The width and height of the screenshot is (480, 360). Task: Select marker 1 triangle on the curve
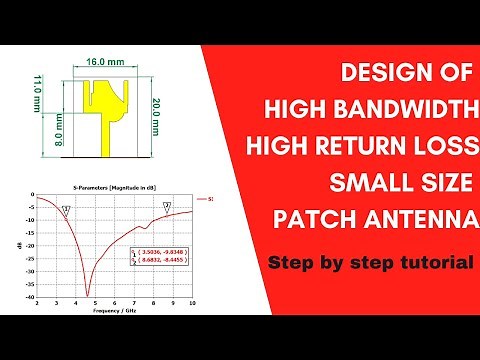(x=66, y=210)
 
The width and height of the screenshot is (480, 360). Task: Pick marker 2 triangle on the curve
(x=167, y=206)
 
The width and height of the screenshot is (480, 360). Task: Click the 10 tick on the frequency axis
(x=191, y=303)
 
